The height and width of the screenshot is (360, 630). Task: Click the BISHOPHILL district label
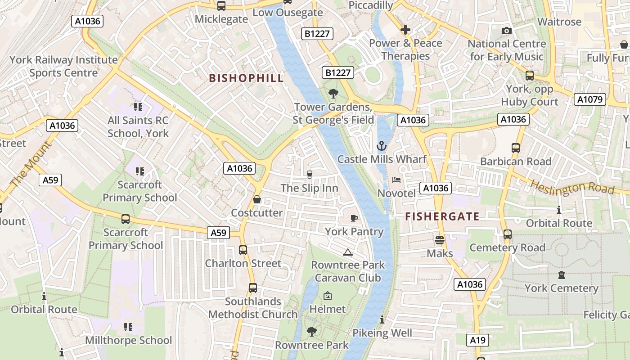[246, 78]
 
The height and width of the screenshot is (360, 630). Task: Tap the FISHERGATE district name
[442, 216]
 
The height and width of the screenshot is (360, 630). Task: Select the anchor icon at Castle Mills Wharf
[382, 146]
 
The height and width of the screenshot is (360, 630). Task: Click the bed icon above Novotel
[396, 180]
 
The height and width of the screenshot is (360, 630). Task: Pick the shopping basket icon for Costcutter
[257, 199]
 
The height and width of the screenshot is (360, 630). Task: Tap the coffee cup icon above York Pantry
[354, 219]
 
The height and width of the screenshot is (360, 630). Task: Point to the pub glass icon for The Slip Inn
[309, 174]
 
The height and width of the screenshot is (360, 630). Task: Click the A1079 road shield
[589, 99]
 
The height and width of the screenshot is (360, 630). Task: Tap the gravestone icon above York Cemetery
[561, 275]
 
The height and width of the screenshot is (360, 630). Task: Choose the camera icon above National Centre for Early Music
[507, 31]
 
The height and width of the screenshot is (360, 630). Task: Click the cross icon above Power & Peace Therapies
[405, 30]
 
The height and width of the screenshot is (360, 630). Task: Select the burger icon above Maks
[440, 240]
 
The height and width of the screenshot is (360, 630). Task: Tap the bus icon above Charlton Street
[243, 250]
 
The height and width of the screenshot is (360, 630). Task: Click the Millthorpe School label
[128, 340]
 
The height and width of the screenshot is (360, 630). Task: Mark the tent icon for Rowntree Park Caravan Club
[347, 252]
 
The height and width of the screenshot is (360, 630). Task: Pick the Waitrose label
[559, 22]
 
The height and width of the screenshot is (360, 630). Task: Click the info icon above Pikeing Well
[382, 320]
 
